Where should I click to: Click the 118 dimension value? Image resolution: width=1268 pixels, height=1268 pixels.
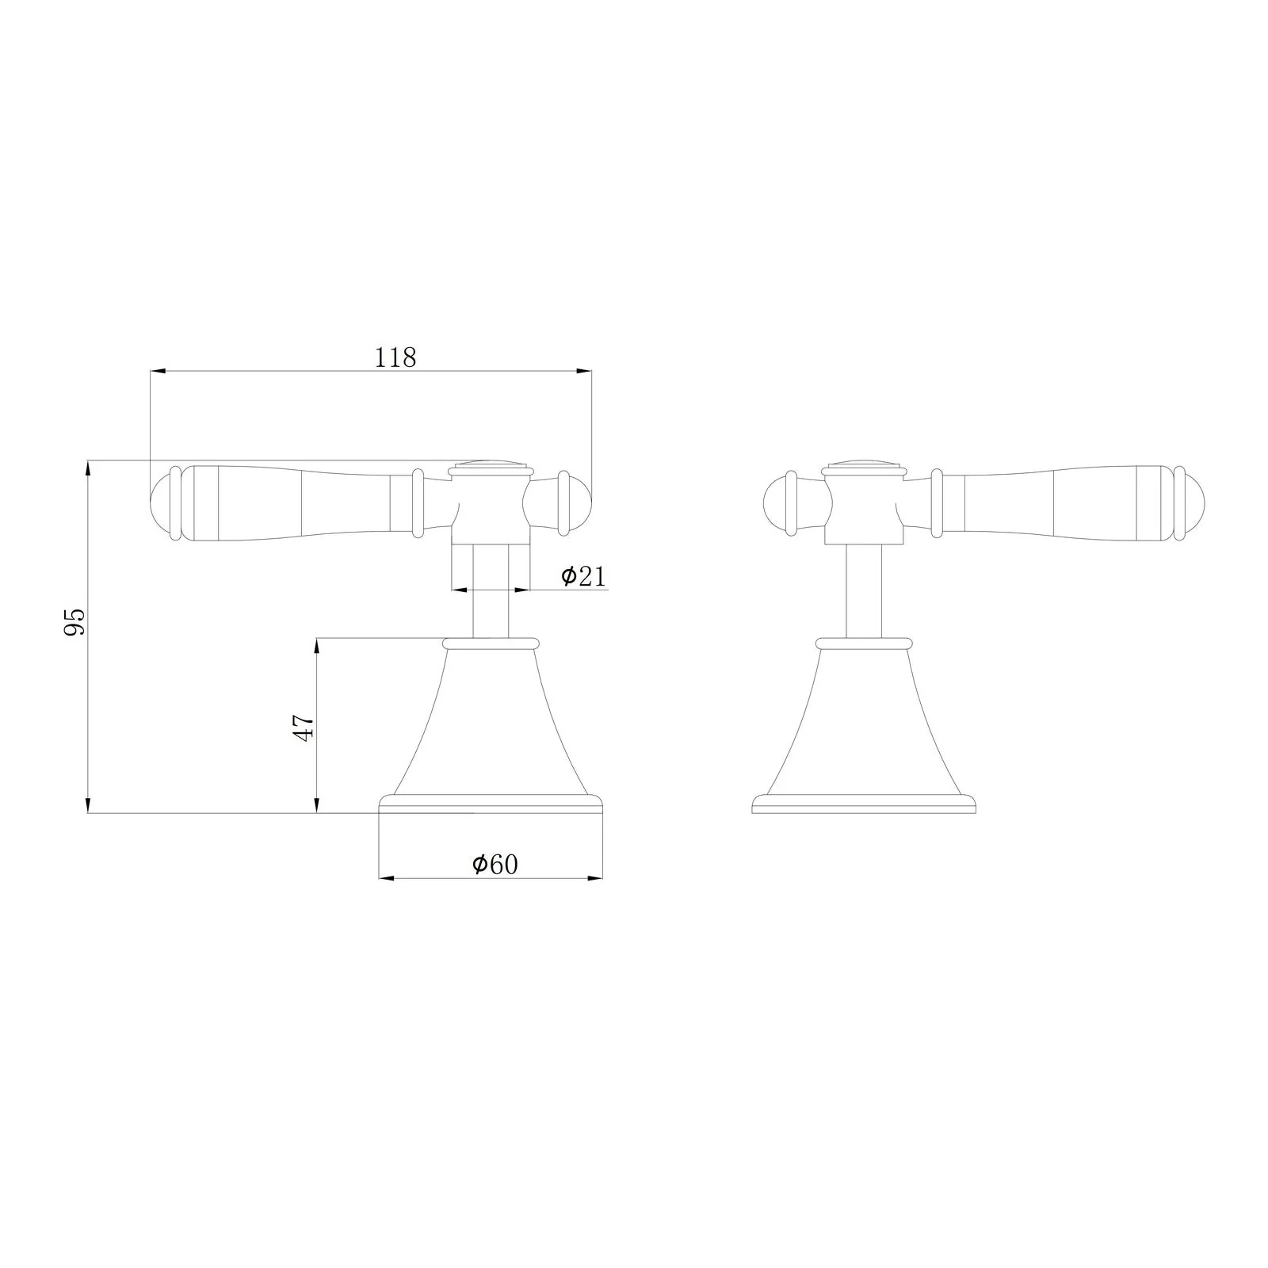coord(395,357)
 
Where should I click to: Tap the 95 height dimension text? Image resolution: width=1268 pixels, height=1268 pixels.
coord(74,622)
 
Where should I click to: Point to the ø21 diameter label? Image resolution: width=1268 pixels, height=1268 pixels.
coord(583,576)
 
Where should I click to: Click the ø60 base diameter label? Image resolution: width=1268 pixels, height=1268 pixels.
coord(495,864)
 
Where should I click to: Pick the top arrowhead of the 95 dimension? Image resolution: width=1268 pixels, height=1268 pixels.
coord(88,468)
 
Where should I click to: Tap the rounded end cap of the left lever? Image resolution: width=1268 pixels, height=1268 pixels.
coord(162,505)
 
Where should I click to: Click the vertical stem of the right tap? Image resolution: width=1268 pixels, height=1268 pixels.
coord(863,590)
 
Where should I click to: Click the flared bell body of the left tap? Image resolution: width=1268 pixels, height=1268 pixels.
coord(491,721)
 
